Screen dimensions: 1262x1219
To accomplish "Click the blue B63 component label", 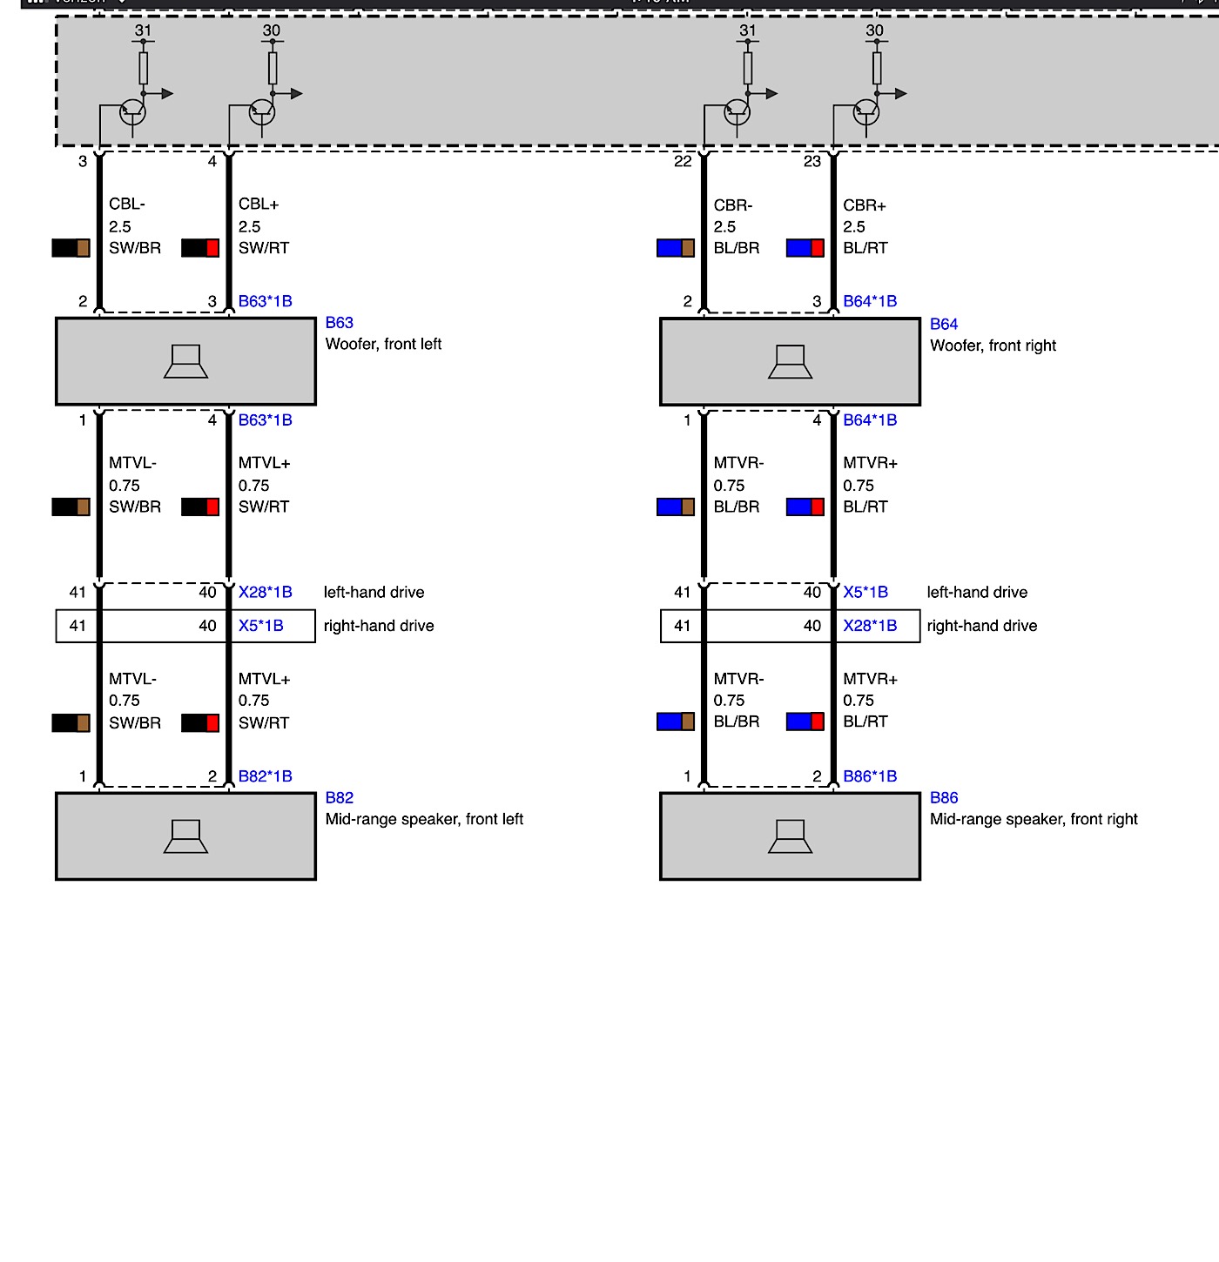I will pos(339,323).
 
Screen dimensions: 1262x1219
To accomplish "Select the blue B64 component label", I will pos(943,325).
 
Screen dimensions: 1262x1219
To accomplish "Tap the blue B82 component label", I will pos(339,798).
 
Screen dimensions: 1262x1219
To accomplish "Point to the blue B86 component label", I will pos(943,798).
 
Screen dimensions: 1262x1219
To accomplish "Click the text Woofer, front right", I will pos(993,346).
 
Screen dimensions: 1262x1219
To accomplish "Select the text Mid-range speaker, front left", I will pos(424,819).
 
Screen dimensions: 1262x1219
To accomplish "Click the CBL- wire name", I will pos(127,205).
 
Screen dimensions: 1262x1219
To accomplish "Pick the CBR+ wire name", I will pos(864,206).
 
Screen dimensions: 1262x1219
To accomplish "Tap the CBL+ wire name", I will pos(259,205).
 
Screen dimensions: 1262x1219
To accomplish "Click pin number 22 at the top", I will pos(683,162).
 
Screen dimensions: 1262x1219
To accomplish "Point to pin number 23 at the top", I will pos(812,162).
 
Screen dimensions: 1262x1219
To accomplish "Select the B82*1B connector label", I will pos(265,776).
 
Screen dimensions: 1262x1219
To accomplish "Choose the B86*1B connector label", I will pos(869,776).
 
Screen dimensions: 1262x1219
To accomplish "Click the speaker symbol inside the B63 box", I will pos(185,361).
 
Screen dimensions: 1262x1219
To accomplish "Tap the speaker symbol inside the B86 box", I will pos(790,836).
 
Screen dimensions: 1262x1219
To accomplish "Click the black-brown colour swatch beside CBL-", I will pos(71,248).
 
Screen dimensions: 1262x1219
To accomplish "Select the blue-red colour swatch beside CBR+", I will pos(805,248).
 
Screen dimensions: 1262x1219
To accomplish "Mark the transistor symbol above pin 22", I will pos(737,112).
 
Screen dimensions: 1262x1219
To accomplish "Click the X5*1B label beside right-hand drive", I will pos(260,626).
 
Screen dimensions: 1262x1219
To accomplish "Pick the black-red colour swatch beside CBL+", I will pos(199,248).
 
